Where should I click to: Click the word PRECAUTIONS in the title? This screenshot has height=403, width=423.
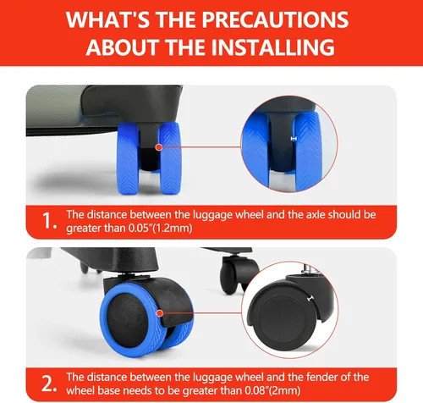pyautogui.click(x=275, y=19)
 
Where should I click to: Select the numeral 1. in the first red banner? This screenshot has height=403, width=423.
pyautogui.click(x=49, y=221)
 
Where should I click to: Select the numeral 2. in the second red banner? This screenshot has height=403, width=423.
pyautogui.click(x=49, y=384)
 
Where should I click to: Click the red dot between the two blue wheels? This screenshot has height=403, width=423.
pyautogui.click(x=159, y=147)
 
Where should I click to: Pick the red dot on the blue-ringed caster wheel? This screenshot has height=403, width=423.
pyautogui.click(x=160, y=313)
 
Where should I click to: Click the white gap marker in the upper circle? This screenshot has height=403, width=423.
pyautogui.click(x=294, y=139)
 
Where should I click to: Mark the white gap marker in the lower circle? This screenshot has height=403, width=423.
pyautogui.click(x=311, y=298)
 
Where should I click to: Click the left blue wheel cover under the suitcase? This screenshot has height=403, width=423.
pyautogui.click(x=129, y=158)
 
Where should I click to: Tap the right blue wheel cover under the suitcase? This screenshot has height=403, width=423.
pyautogui.click(x=170, y=158)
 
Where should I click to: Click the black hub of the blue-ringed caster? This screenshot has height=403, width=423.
pyautogui.click(x=128, y=321)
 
